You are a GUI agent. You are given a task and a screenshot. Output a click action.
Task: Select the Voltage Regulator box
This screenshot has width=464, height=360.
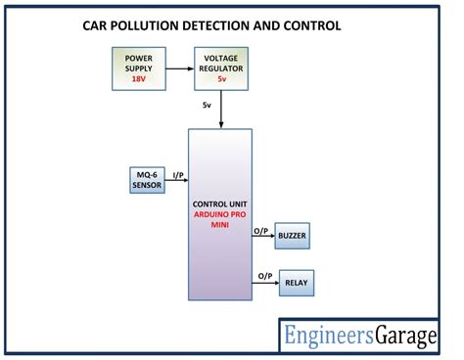222,67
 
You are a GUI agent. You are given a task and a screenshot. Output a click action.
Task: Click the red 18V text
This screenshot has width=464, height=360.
138,78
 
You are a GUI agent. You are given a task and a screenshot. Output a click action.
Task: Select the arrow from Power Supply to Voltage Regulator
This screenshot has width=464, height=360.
177,67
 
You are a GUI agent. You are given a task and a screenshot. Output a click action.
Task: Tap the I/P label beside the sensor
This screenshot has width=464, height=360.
178,174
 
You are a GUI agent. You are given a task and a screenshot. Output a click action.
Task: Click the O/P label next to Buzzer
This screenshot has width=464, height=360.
261,230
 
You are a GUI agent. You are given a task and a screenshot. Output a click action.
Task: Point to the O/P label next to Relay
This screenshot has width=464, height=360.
264,277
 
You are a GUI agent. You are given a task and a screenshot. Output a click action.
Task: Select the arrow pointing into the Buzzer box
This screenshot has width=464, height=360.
263,238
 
